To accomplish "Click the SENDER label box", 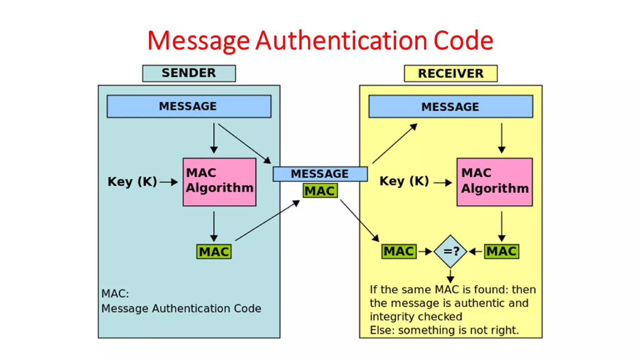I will [189, 73].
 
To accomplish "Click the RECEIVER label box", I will [450, 73].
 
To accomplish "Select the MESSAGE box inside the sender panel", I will [189, 106].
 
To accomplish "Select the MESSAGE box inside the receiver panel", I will [450, 107].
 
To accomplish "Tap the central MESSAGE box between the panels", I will [320, 174].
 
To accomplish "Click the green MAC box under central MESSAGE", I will [320, 191].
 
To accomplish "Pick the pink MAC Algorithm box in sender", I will [219, 182].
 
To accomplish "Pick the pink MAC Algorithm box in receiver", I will [494, 182].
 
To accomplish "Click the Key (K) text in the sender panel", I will [132, 182].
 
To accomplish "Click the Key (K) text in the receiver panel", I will [404, 181].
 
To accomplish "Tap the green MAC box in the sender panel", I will [214, 252].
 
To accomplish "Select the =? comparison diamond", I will [450, 251].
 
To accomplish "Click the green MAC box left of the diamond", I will [399, 251].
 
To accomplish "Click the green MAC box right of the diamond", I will [501, 251].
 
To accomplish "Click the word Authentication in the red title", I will [341, 41].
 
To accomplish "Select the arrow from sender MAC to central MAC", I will [267, 221].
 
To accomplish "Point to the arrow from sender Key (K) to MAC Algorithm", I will [169, 182].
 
